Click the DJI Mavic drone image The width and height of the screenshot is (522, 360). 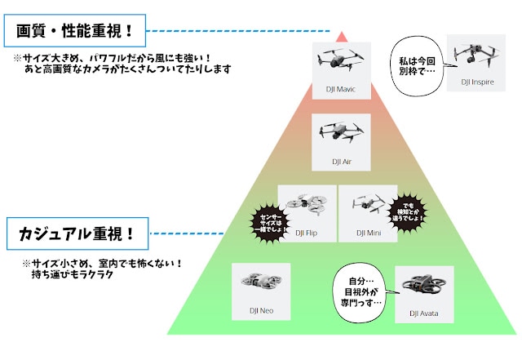341,60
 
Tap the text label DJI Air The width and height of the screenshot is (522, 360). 341,162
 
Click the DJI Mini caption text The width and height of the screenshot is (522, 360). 369,233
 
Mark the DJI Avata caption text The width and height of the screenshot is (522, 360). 424,313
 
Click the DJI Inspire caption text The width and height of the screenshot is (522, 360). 476,82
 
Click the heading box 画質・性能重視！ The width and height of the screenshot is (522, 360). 75,33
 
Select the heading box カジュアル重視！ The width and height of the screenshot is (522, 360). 75,235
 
